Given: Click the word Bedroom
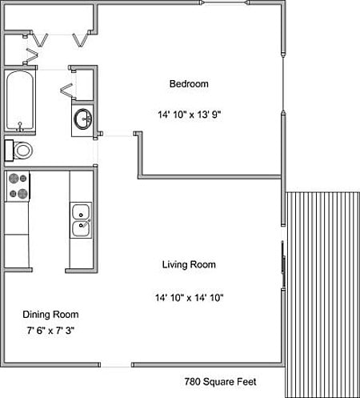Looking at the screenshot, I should click(x=188, y=84).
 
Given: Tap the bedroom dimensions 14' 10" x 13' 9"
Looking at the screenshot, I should click(x=189, y=115).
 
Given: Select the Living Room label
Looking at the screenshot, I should click(x=189, y=264).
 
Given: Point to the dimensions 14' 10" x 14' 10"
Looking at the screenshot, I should click(x=189, y=298).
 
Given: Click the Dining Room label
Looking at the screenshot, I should click(x=50, y=315).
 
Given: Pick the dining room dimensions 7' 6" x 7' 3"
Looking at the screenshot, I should click(x=50, y=330).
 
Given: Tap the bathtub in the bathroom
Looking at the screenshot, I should click(x=19, y=102).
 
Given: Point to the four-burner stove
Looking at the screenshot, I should click(x=18, y=186).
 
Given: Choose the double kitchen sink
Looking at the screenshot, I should click(x=80, y=220).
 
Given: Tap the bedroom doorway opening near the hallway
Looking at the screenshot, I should click(x=115, y=135).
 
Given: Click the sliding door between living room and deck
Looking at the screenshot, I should click(x=282, y=264).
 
